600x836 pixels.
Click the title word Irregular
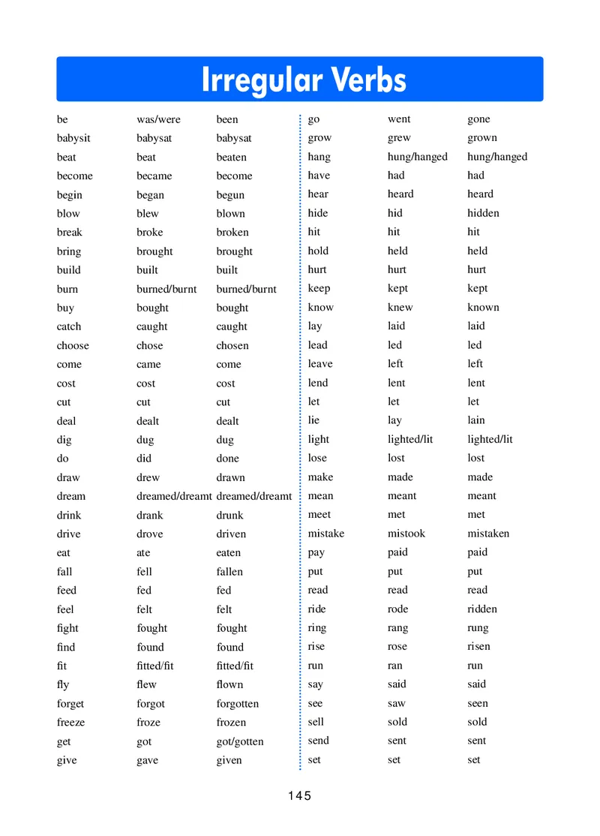262,80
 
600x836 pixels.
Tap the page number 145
298,795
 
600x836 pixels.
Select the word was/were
158,119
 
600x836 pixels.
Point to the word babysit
73,138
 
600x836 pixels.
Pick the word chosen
232,345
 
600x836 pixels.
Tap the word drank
149,515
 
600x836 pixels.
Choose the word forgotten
237,703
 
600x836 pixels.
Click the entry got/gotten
240,741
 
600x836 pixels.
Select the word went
399,119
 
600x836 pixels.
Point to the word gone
478,119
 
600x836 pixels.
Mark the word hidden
483,213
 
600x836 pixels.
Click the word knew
400,307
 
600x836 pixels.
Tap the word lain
476,420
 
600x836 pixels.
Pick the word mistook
406,534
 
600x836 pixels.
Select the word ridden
481,609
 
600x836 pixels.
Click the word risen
478,646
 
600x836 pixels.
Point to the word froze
148,722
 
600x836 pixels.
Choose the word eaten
229,552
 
